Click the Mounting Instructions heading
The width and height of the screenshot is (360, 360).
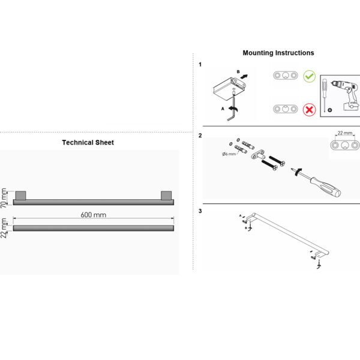pos(278,53)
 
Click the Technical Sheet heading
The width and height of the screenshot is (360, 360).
pos(88,142)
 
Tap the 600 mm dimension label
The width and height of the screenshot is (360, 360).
pos(93,215)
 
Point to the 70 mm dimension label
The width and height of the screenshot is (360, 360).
pos(4,198)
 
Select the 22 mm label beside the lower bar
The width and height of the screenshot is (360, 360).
pos(4,228)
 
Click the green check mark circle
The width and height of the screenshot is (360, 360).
pos(309,76)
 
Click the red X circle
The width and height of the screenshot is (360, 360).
pos(309,110)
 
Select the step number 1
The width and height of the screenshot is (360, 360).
pos(200,65)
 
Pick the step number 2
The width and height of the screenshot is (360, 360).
pos(200,136)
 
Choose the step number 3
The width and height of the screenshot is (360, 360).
pos(200,211)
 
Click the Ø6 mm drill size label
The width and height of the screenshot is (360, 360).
pos(229,154)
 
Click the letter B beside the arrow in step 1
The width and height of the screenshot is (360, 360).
pos(238,72)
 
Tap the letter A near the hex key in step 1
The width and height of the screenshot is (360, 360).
pos(223,109)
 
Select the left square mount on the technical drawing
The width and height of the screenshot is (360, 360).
pos(20,195)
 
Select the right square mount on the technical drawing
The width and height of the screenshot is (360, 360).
pos(166,195)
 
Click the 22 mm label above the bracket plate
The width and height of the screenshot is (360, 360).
pos(345,133)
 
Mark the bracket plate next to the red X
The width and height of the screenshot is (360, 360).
pos(286,109)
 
